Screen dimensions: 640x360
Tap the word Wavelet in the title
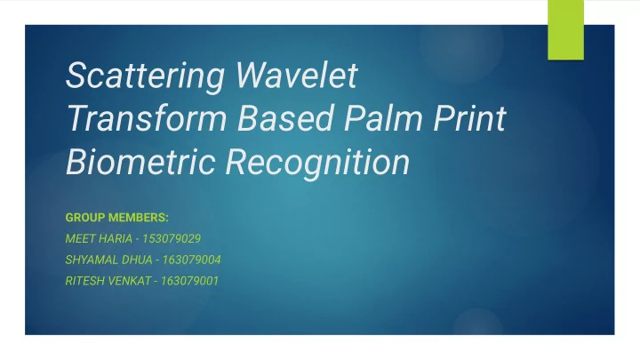(x=297, y=75)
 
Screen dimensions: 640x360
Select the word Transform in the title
(x=147, y=118)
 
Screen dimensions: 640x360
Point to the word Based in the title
(x=286, y=118)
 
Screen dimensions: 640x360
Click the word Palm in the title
(x=383, y=118)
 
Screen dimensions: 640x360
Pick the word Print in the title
(x=469, y=118)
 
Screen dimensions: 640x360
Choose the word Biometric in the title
(x=140, y=162)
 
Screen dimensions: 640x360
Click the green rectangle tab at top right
(x=565, y=30)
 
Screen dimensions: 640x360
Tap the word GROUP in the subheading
(x=85, y=218)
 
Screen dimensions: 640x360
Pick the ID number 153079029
(x=172, y=239)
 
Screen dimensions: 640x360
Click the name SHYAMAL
(x=89, y=260)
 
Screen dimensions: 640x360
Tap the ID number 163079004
(x=191, y=260)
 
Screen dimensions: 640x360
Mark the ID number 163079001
(x=190, y=281)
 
